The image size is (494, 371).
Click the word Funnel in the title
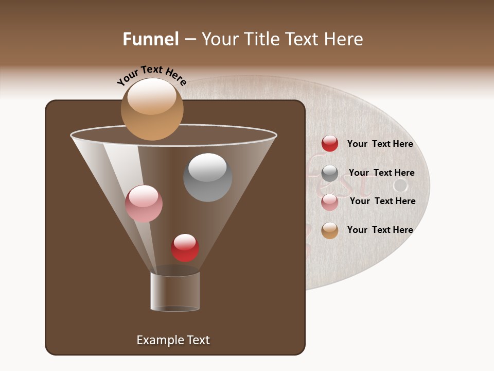click(x=150, y=39)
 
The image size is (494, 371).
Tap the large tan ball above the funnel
click(x=152, y=109)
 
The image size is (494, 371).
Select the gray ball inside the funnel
click(x=208, y=177)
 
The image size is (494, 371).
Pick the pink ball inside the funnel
click(x=144, y=204)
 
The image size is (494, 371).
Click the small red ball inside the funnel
click(x=185, y=248)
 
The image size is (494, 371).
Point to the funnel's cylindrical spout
click(x=175, y=291)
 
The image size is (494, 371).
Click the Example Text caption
click(x=173, y=340)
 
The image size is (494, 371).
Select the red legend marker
click(x=330, y=144)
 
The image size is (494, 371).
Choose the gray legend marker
click(x=330, y=173)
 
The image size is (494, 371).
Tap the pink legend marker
click(x=330, y=202)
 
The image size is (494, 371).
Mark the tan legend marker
click(x=330, y=230)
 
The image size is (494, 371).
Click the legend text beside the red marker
click(x=380, y=144)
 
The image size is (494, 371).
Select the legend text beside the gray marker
click(x=381, y=173)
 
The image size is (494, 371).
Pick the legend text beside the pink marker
click(x=382, y=201)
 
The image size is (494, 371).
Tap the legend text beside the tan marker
click(x=380, y=230)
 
